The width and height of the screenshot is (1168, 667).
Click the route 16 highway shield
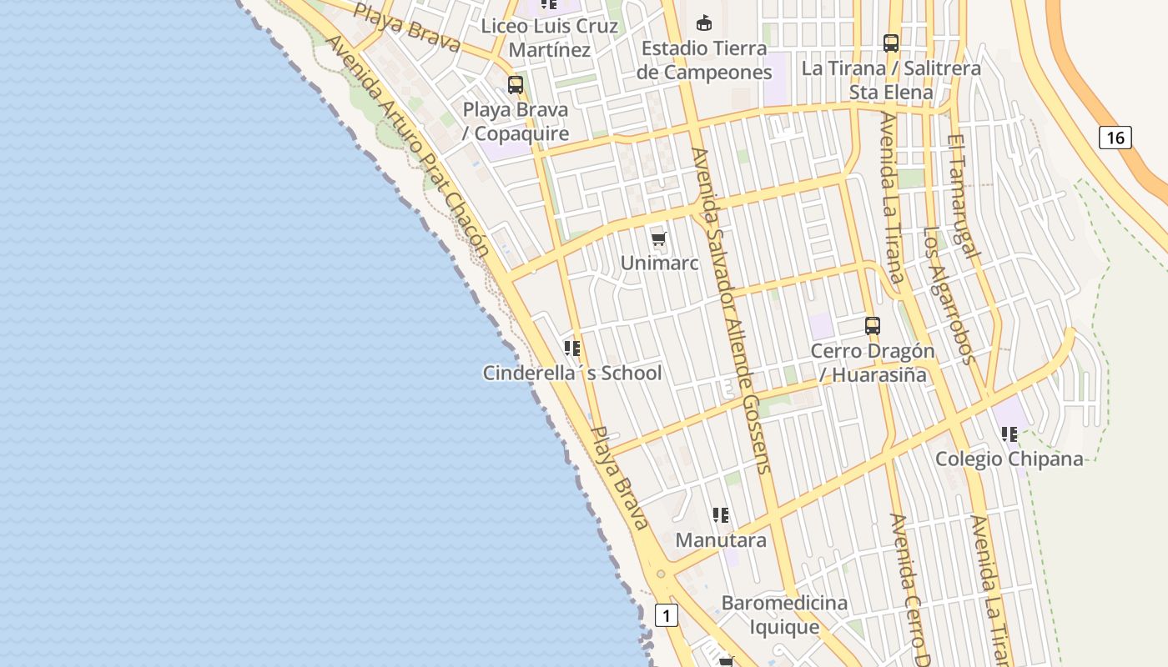click(x=1115, y=138)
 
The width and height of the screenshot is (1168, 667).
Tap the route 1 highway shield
click(x=666, y=616)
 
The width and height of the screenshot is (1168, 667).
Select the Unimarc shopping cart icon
click(x=659, y=240)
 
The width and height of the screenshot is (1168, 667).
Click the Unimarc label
click(x=659, y=263)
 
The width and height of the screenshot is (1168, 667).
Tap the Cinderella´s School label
click(x=572, y=373)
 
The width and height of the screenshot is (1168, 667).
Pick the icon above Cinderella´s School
click(x=572, y=349)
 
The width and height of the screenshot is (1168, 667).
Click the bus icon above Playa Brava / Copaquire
click(x=516, y=85)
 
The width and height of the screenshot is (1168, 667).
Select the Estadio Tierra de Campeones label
click(x=704, y=60)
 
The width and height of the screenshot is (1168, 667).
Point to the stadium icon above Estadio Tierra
click(x=704, y=23)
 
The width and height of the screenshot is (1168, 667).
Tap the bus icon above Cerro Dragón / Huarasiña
click(x=873, y=326)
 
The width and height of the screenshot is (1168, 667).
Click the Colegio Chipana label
click(x=1009, y=459)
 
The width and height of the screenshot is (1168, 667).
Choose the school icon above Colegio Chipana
click(x=1009, y=434)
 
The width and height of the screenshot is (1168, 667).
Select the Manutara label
click(x=721, y=539)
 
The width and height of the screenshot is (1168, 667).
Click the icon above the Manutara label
click(x=722, y=515)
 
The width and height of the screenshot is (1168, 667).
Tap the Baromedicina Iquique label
click(x=784, y=614)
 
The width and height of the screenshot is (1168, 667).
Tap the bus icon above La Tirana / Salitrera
click(x=891, y=43)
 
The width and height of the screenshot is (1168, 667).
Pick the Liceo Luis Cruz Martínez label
click(x=550, y=38)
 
